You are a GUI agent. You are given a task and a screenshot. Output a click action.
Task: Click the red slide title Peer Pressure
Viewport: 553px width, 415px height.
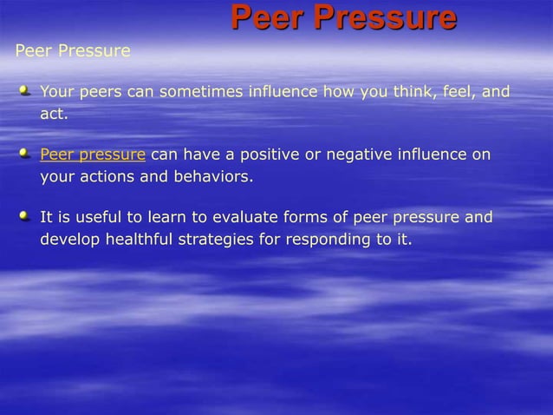[x=343, y=17]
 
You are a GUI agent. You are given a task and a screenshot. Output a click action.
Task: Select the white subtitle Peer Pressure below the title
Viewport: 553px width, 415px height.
[x=73, y=51]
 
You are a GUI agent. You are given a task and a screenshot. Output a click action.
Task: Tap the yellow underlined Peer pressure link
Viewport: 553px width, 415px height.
[x=93, y=155]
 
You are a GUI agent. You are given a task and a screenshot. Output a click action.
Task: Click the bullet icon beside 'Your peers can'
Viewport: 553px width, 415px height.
[x=25, y=90]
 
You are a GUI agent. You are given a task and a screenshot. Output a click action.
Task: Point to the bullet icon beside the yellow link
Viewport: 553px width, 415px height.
[x=25, y=154]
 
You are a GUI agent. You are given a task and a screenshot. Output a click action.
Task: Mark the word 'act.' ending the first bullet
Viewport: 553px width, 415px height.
[x=54, y=114]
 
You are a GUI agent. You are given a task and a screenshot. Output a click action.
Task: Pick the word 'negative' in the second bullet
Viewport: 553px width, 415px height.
[x=357, y=155]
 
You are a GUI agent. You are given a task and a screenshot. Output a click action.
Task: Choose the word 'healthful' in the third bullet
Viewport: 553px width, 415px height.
[x=139, y=240]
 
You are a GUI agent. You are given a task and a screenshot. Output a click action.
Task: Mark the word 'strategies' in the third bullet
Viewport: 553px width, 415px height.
[x=216, y=240]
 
